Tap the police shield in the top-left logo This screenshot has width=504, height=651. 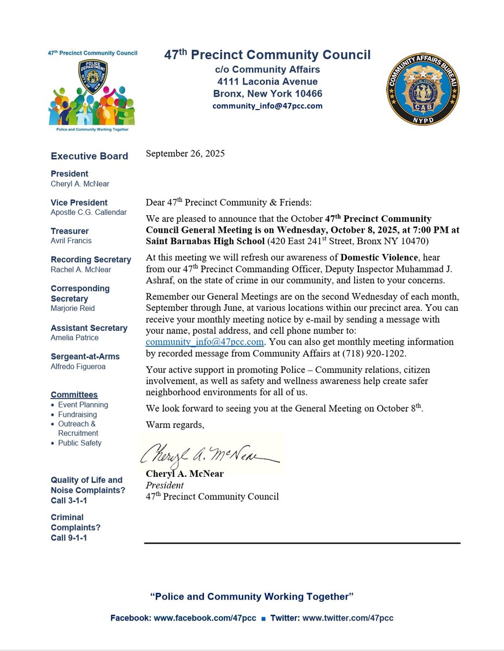(x=92, y=76)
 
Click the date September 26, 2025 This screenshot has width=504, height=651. (x=185, y=154)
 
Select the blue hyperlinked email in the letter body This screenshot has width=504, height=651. (x=205, y=342)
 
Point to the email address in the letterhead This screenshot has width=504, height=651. (x=267, y=106)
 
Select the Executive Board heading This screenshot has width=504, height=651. (x=90, y=156)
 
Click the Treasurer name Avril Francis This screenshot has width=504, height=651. (x=71, y=241)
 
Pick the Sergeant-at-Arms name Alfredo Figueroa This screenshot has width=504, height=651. (x=77, y=366)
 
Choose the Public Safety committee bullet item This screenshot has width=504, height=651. (x=80, y=443)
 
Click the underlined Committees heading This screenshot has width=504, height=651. (x=74, y=395)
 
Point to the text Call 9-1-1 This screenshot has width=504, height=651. (x=69, y=538)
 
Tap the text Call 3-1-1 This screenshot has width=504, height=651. (x=69, y=500)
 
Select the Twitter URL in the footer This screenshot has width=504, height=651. (x=348, y=618)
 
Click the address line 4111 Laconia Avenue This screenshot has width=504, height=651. (x=267, y=81)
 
